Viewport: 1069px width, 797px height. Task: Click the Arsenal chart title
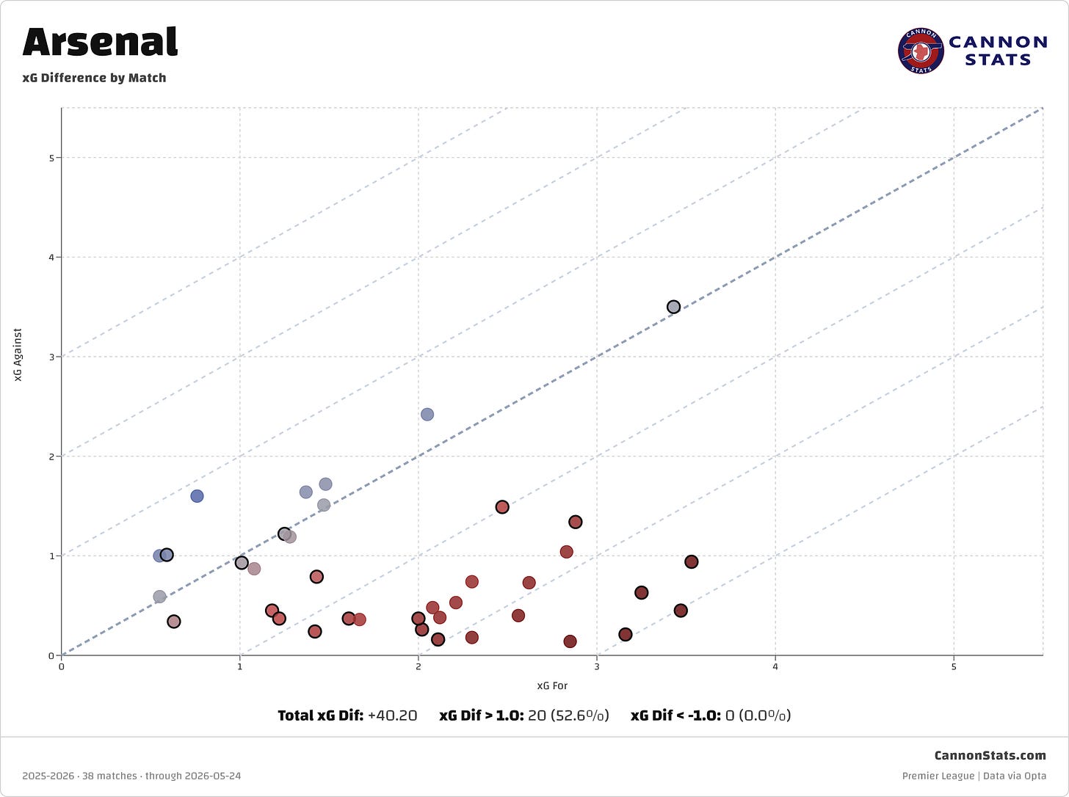(101, 42)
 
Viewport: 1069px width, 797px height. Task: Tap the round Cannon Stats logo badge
(921, 50)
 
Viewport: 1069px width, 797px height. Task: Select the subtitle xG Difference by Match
(94, 78)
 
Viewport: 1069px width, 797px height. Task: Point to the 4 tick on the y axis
(51, 258)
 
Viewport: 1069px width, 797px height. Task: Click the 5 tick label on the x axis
(954, 666)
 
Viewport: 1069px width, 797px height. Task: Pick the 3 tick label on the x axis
(597, 666)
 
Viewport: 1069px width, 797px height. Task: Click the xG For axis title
(552, 685)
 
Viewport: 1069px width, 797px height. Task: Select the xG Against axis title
(18, 354)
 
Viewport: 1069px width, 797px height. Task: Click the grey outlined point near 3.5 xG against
(673, 307)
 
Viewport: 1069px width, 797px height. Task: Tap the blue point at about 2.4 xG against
(427, 415)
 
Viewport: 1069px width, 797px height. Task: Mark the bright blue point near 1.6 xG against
(197, 496)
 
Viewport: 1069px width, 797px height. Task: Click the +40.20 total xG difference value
(392, 716)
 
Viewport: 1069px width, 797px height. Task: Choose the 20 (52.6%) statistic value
(568, 716)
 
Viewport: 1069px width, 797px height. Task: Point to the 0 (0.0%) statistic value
(758, 716)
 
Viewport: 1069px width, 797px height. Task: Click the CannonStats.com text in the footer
(990, 755)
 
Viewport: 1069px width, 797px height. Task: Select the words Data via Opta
(1015, 776)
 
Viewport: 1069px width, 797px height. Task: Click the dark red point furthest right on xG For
(691, 562)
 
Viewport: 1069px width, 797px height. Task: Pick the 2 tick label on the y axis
(51, 456)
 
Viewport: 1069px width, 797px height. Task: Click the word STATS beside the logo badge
(997, 60)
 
